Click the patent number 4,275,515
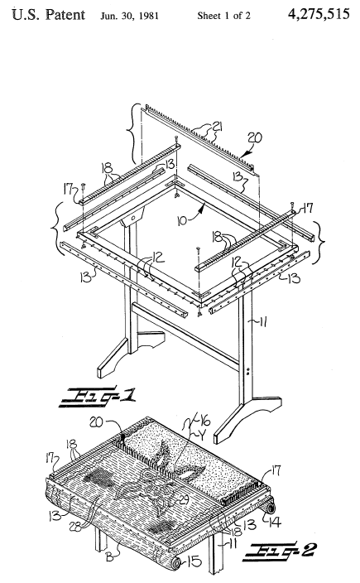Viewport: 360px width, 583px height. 319,14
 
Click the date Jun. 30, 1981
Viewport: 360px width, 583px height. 129,16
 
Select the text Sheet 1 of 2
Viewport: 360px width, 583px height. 223,16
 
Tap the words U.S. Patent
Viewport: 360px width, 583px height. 49,15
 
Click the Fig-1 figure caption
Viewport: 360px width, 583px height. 98,396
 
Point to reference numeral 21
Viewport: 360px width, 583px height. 216,128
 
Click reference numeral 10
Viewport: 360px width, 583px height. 182,221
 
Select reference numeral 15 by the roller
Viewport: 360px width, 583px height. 194,561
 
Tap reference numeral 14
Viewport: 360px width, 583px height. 274,523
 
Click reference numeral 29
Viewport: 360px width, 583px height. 184,500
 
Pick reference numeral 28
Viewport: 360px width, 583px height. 76,528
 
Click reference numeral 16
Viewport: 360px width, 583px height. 205,422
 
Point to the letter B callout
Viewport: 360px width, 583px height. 110,557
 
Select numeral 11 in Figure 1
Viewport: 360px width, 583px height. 263,322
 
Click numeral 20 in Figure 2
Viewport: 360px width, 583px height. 96,422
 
